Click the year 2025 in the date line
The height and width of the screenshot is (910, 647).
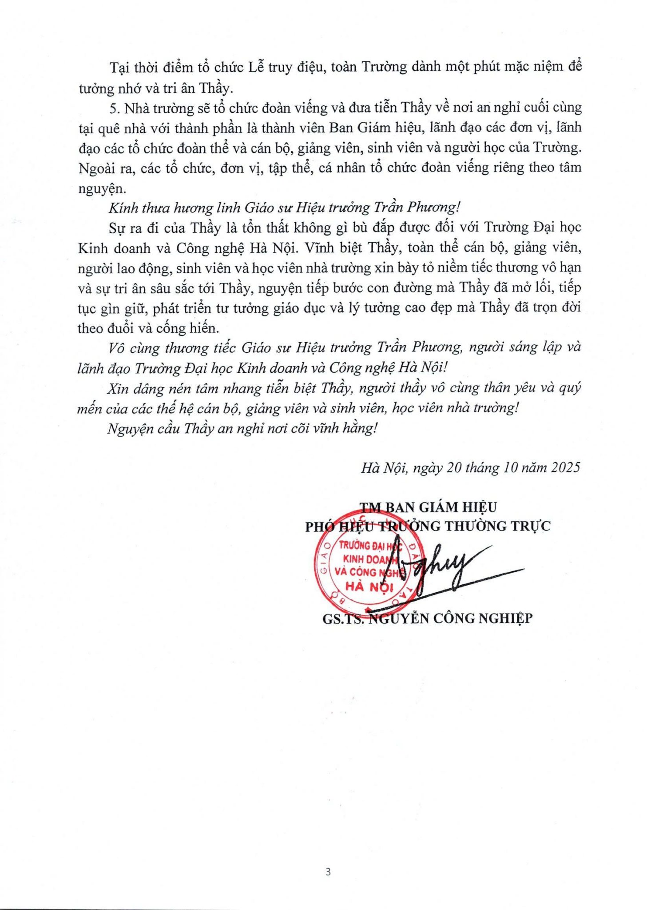(565, 467)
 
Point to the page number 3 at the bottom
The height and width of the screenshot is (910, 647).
(328, 872)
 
